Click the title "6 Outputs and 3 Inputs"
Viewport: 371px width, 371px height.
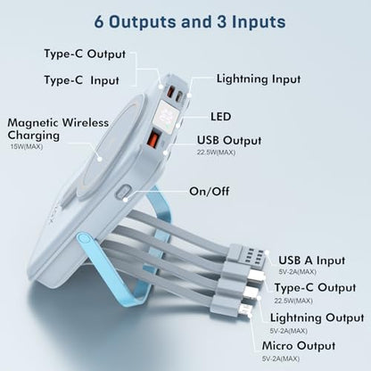(190, 21)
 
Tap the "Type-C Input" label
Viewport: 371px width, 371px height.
(81, 80)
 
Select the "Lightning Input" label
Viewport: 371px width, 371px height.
(259, 79)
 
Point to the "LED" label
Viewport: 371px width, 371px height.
(220, 116)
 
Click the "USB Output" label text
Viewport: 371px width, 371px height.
(229, 140)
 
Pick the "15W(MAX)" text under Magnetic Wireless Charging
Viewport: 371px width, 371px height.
(27, 146)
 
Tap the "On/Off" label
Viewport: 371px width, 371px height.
(210, 191)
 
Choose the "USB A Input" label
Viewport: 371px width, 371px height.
(311, 260)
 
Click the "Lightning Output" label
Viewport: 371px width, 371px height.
(317, 317)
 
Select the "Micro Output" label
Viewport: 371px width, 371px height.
(299, 346)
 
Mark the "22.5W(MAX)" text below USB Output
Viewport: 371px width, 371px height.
(216, 153)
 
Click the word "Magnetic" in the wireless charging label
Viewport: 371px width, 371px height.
(33, 122)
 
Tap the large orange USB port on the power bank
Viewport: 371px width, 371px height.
(153, 137)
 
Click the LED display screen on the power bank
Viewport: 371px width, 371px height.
(168, 115)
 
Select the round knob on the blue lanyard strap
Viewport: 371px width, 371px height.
(84, 239)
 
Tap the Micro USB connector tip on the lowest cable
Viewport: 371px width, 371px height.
(246, 309)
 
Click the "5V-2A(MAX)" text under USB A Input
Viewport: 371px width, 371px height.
(297, 272)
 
